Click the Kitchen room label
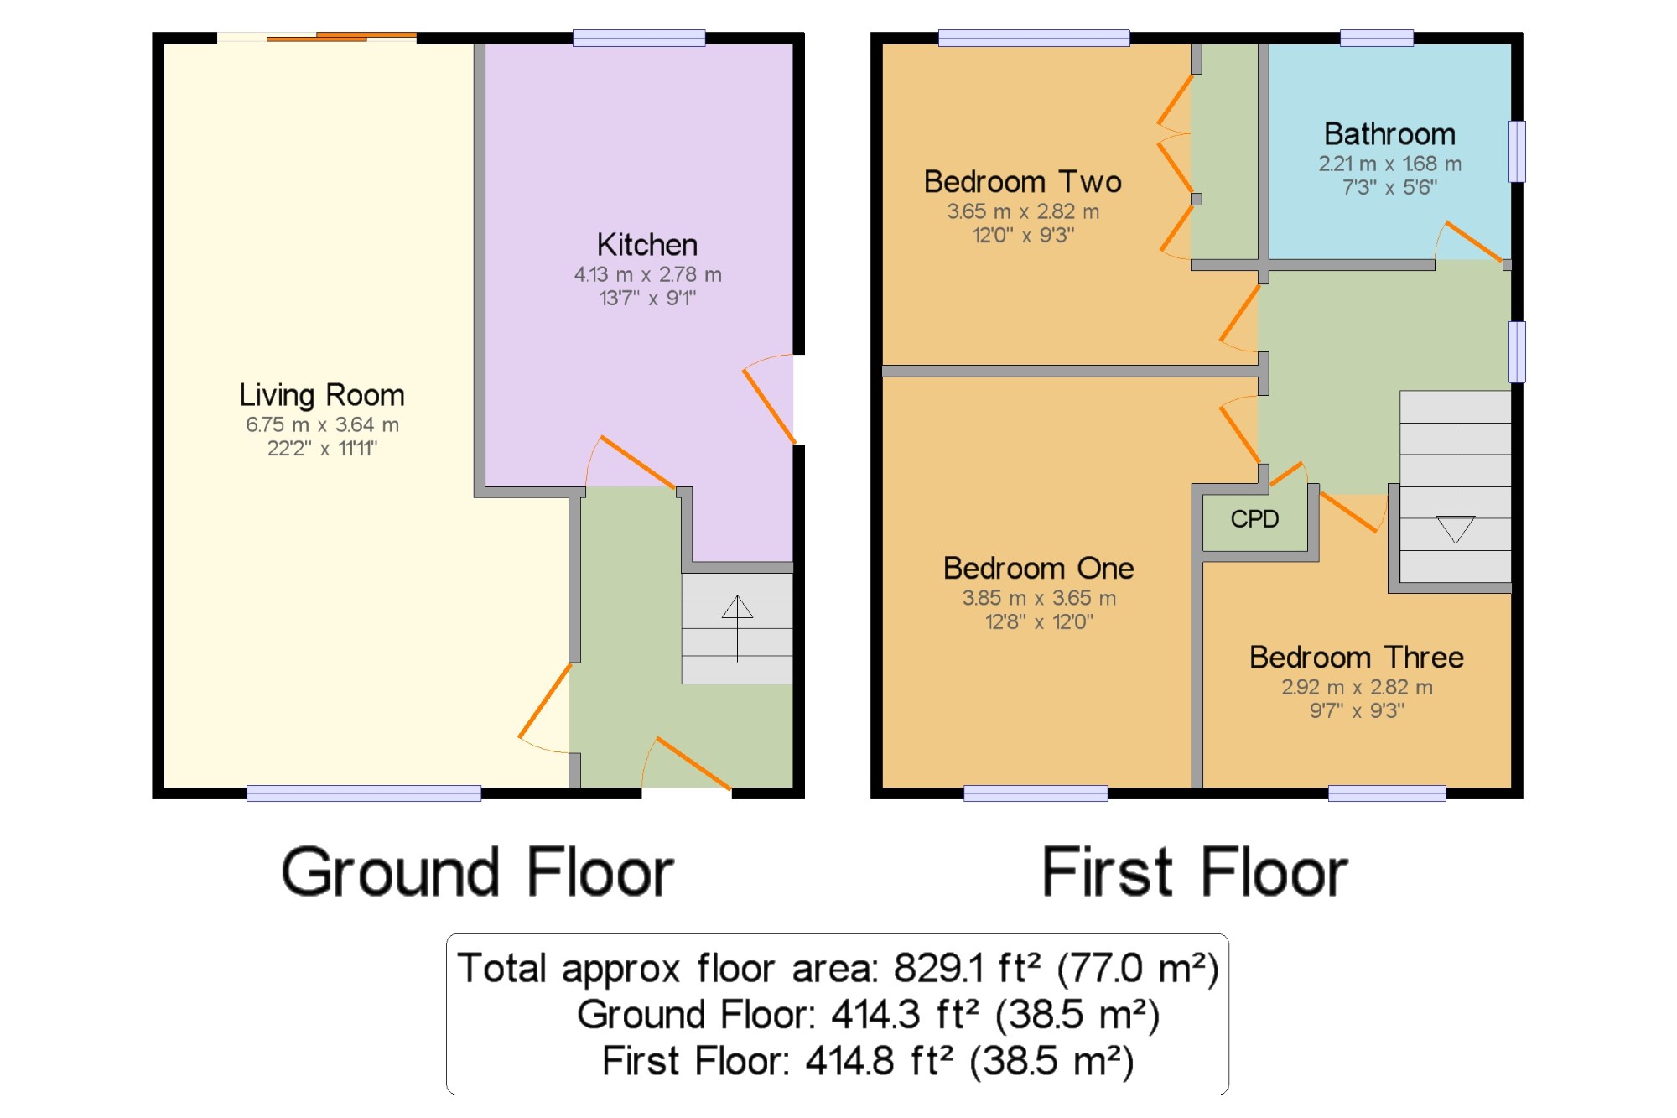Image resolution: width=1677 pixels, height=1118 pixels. point(647,245)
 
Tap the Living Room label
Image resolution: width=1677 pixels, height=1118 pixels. point(322,395)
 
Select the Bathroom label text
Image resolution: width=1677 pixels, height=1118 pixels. point(1389,134)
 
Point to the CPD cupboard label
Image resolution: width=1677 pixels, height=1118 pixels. point(1254,519)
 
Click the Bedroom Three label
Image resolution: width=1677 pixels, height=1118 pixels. point(1357,658)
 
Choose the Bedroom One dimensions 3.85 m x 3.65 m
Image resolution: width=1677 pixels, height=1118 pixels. point(1039,598)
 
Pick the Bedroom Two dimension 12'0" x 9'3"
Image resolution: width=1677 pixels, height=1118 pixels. point(1023,235)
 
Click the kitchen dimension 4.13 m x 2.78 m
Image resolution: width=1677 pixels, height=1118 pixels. point(647,274)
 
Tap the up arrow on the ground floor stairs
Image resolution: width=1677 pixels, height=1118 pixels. point(737,628)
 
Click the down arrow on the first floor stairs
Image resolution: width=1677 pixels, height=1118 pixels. point(1456,486)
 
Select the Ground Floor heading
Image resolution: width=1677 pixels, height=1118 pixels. point(478,873)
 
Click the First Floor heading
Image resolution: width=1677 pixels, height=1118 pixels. point(1195,873)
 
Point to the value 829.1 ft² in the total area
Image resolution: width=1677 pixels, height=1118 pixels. point(967,969)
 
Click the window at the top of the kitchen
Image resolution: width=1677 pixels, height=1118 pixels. point(639,38)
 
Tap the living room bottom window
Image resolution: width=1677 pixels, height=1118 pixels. point(364,793)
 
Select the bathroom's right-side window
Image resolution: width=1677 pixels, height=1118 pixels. point(1517,152)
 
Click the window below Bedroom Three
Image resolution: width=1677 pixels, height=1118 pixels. point(1387,793)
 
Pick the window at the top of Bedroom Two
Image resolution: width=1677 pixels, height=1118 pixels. point(1034,38)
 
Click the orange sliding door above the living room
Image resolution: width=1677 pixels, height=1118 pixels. point(341,36)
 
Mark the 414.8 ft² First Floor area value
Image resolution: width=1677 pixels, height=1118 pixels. point(879,1061)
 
